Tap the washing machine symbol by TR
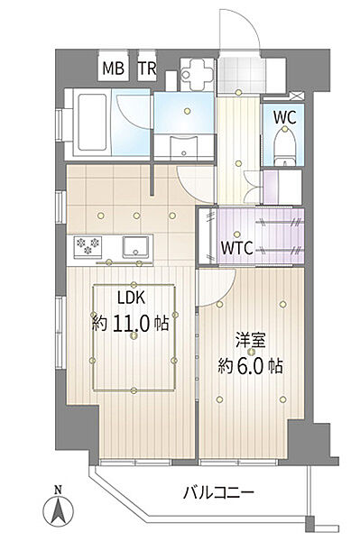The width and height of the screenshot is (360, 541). tap(194, 71)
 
